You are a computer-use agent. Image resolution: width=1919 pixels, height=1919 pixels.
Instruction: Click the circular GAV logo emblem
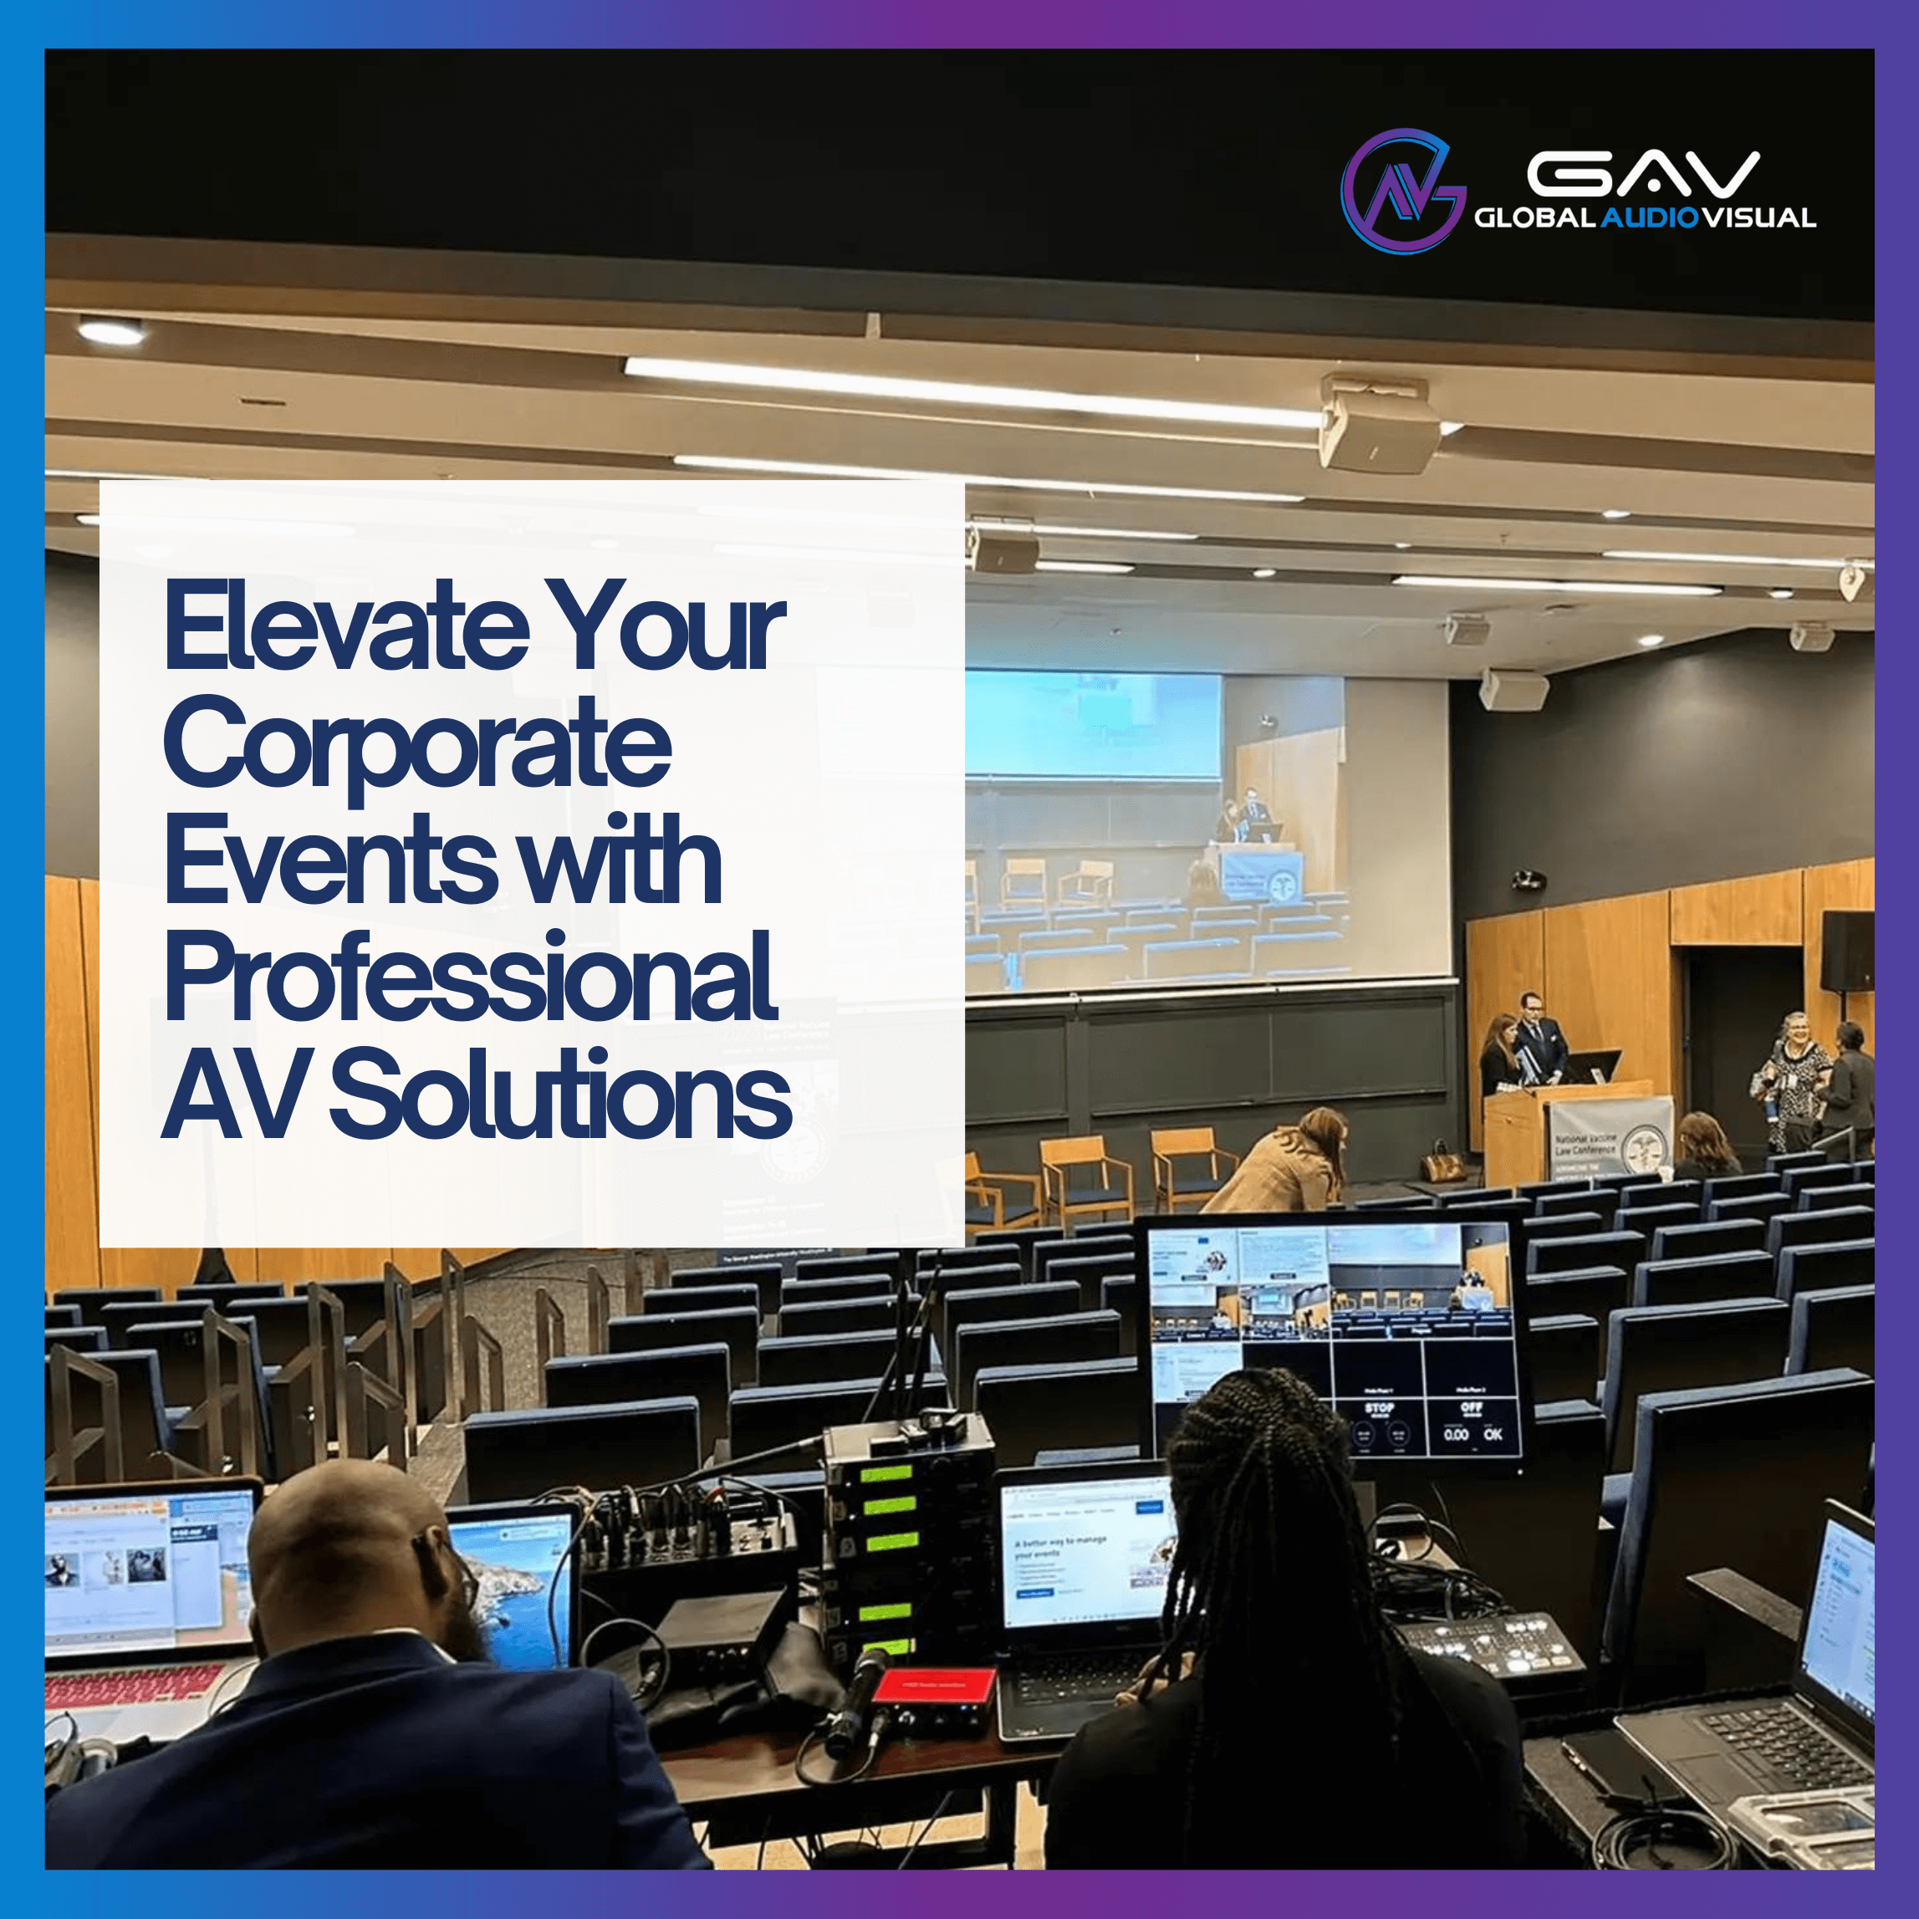coord(1401,190)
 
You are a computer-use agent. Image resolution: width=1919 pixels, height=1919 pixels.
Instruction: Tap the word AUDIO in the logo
coord(1649,217)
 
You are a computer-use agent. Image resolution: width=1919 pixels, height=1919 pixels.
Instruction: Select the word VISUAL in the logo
coord(1758,217)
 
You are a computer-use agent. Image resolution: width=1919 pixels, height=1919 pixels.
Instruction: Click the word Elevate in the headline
coord(347,627)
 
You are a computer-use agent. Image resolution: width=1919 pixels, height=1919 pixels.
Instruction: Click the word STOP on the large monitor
coord(1379,1407)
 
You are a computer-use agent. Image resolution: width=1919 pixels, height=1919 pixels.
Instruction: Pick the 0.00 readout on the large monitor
coord(1456,1434)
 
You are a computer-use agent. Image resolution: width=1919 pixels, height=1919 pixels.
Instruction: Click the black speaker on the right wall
coord(1845,952)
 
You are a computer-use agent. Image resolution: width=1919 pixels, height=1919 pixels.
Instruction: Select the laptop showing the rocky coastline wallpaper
coord(517,1585)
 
